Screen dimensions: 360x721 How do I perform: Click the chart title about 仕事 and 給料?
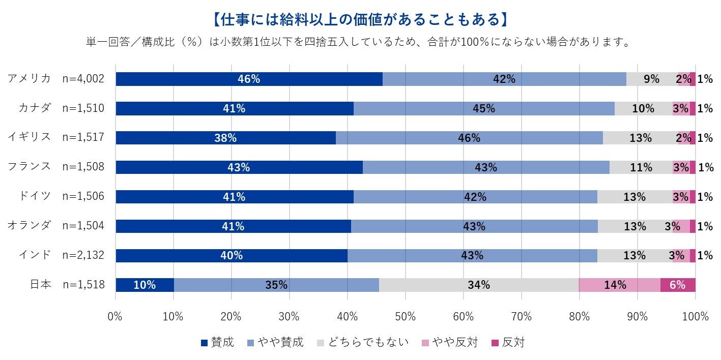tap(360, 19)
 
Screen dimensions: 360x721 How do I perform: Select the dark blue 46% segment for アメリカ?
tap(249, 79)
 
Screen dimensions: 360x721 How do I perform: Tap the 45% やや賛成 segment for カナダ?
tap(483, 108)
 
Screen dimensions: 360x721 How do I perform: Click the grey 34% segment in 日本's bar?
tap(479, 285)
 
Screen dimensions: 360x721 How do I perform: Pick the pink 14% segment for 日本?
tap(619, 285)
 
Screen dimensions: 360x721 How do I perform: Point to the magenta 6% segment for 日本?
tap(677, 285)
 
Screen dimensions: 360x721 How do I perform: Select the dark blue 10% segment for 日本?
tap(145, 285)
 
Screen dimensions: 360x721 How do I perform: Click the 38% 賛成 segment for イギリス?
tap(225, 138)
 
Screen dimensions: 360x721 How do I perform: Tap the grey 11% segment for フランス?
tap(641, 167)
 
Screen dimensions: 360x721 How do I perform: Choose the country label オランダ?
tap(30, 226)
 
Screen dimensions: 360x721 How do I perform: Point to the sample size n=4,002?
tap(83, 79)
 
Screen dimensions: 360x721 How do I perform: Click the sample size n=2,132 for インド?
tap(83, 255)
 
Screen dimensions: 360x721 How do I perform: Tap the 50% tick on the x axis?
tap(405, 316)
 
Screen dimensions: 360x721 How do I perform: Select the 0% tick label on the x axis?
tap(116, 316)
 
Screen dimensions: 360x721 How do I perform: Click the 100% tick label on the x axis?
tap(695, 316)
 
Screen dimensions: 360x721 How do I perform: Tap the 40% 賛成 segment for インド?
tap(231, 255)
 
